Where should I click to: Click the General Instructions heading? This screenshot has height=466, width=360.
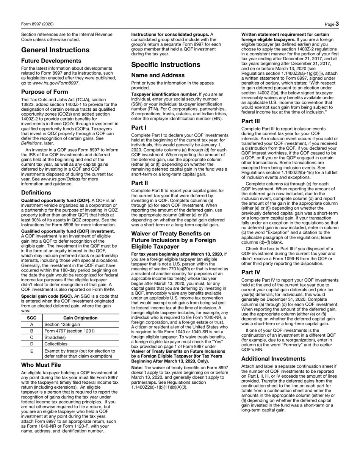[x=55, y=50]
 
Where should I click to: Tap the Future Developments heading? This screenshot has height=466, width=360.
[x=51, y=61]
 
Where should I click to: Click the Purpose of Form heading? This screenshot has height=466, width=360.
[x=45, y=92]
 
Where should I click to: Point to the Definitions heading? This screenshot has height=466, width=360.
[x=36, y=193]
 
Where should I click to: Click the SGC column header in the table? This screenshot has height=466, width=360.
[x=31, y=318]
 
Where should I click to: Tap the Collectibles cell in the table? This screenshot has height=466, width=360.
[x=57, y=344]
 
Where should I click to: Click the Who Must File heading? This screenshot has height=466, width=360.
[x=41, y=365]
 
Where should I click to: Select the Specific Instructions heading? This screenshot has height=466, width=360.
[x=166, y=65]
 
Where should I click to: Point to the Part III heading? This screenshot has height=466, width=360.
[x=251, y=122]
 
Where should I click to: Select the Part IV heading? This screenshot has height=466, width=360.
[x=250, y=262]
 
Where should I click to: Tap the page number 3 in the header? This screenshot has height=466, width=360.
[x=337, y=24]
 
